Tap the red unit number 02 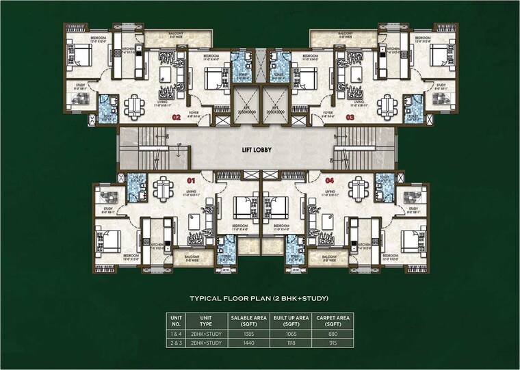pos(176,118)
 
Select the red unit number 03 pos(350,118)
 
